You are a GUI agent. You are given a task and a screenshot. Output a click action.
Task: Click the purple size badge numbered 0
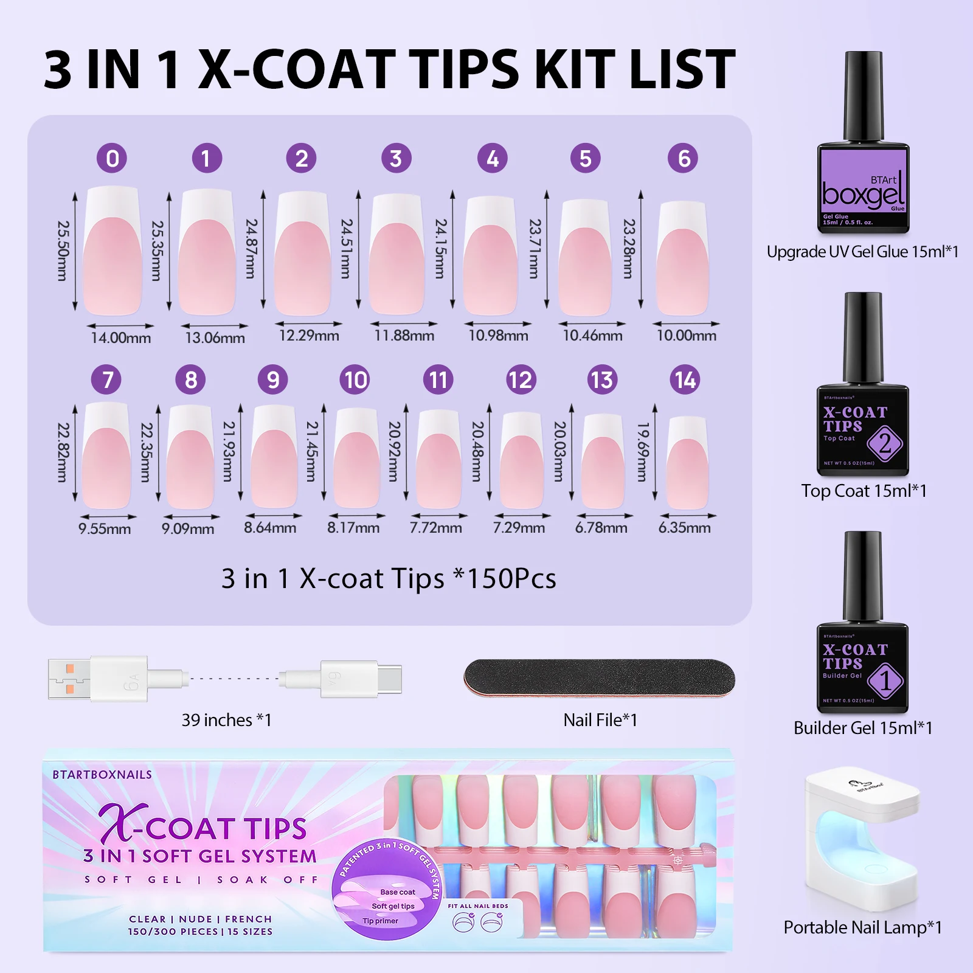coord(112,158)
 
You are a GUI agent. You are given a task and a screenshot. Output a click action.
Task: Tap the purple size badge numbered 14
coord(685,380)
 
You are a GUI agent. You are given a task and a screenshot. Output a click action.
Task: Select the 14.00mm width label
coord(121,338)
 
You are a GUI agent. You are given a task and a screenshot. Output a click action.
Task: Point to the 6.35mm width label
coord(685,527)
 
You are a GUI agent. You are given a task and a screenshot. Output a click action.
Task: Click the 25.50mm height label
coord(63,251)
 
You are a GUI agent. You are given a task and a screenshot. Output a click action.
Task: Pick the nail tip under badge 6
coord(683,258)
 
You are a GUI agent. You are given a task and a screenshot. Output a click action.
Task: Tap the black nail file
coord(599,677)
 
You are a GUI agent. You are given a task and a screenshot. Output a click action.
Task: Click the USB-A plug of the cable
coord(70,679)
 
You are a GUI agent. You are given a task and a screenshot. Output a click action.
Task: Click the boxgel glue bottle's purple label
coord(863,189)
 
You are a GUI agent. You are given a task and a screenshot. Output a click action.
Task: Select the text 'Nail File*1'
coord(600,720)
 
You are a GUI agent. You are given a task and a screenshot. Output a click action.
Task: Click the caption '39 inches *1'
coord(226,720)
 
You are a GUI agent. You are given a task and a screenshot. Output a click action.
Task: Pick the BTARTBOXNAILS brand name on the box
coord(102,775)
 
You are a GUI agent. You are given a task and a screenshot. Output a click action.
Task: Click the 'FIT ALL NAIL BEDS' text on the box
coord(478,906)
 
